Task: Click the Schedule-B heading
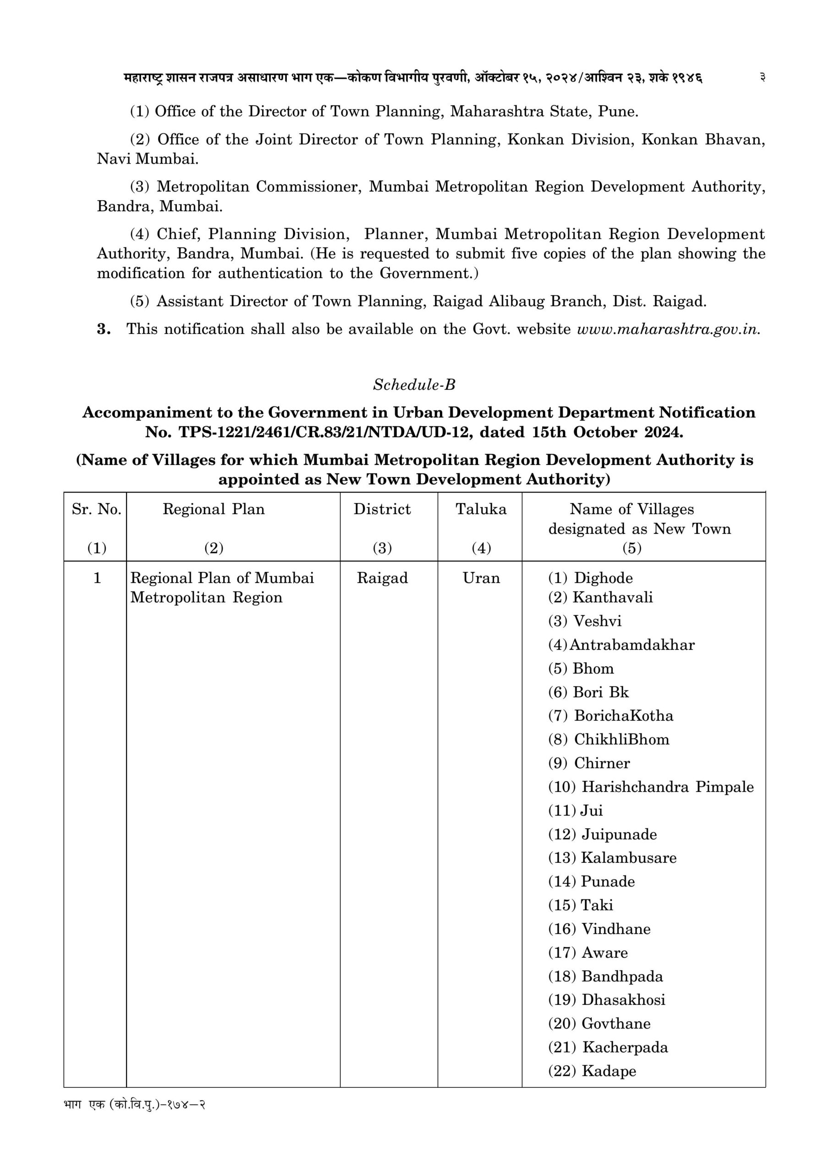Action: (x=414, y=385)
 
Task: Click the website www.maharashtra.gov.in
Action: (x=668, y=329)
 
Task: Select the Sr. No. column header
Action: (x=96, y=509)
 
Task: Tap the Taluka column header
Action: (x=480, y=509)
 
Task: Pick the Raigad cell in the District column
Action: (x=382, y=578)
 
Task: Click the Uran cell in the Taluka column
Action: (x=480, y=578)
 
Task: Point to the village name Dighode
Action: (x=603, y=578)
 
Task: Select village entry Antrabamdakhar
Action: (x=631, y=645)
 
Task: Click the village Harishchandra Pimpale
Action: (x=667, y=787)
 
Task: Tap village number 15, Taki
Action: (x=597, y=905)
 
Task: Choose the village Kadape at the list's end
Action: (x=609, y=1071)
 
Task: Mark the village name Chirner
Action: (x=602, y=763)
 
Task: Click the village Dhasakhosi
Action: (x=623, y=1000)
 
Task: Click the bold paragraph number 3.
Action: (x=104, y=329)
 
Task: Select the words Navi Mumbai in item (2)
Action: (x=147, y=159)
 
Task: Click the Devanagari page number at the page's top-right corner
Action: (x=762, y=77)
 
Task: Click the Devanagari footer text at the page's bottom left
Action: (x=134, y=1105)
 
